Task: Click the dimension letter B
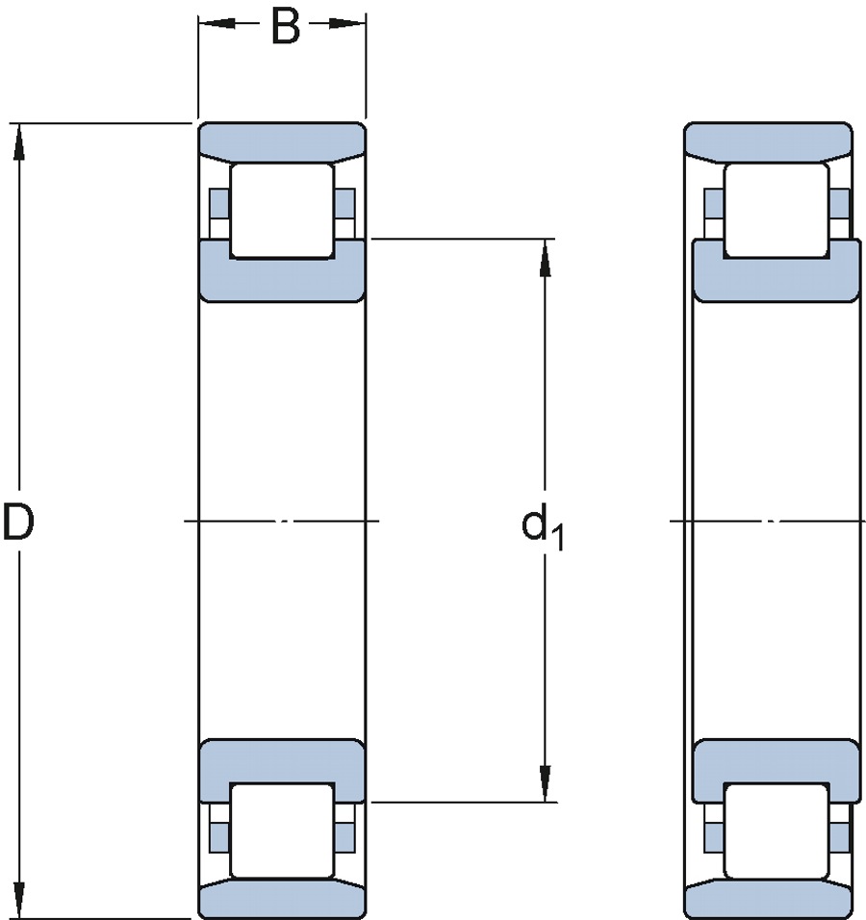(284, 26)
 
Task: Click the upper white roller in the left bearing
(281, 210)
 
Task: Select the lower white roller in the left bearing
(281, 831)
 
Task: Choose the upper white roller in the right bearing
(777, 210)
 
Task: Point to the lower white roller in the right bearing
(777, 831)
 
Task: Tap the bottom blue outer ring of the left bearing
(281, 901)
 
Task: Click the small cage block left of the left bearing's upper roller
(218, 204)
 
